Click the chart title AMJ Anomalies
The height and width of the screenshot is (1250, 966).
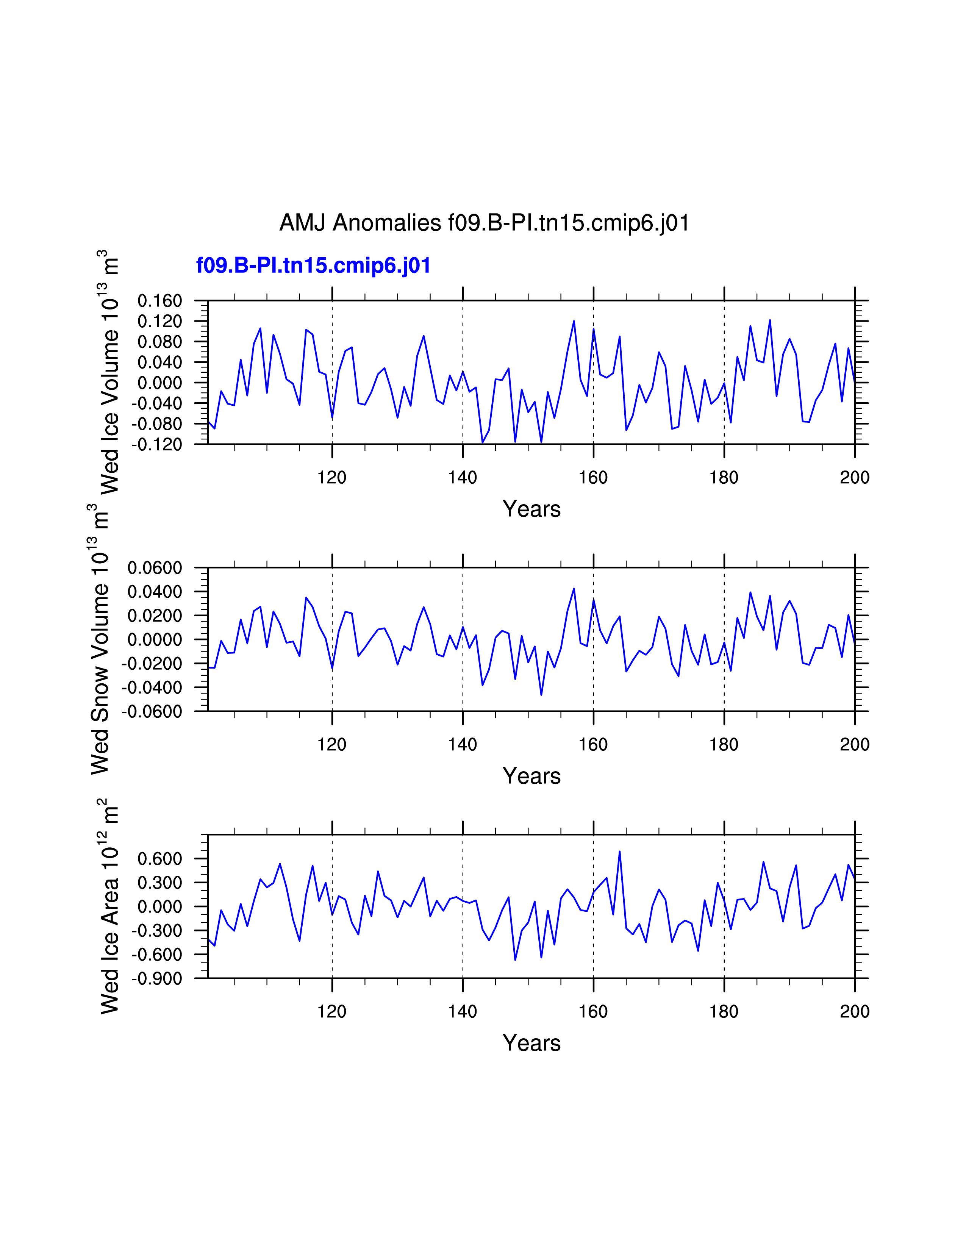pos(484,223)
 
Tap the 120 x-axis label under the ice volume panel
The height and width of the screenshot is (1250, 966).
pos(332,477)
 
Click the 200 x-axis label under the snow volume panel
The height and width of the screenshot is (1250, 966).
pos(854,745)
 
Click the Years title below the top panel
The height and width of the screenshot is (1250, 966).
pos(531,509)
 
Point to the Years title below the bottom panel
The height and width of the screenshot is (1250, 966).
pos(531,1043)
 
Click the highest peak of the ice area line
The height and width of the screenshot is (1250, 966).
pos(619,852)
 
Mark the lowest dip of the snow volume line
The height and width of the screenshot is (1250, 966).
pos(541,695)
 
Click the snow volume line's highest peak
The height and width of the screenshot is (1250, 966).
pos(574,588)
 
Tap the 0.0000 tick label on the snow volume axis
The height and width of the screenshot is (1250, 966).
pos(155,640)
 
